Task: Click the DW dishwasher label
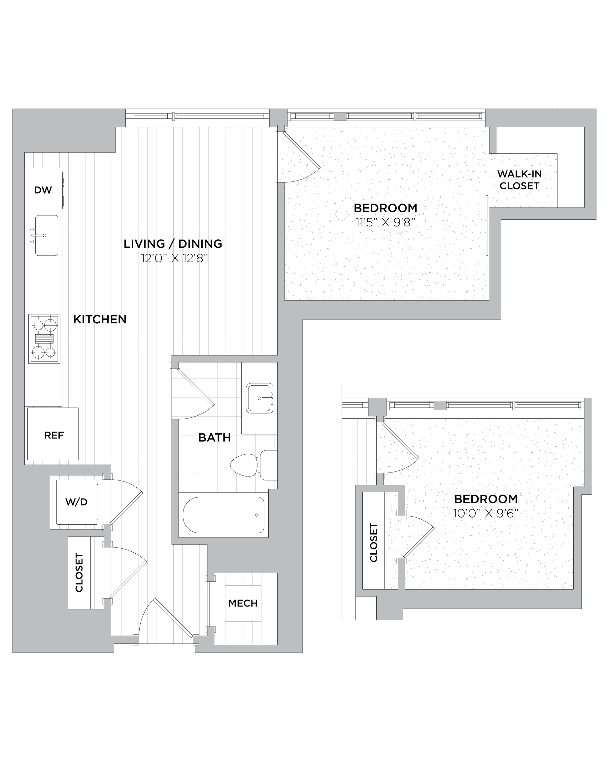coord(43,190)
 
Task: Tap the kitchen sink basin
coord(47,236)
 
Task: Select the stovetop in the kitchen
coord(45,339)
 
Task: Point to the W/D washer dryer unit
coord(77,502)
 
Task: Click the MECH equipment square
coord(243,603)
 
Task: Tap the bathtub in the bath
coord(223,515)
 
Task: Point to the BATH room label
coord(214,437)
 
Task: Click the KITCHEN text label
coord(100,319)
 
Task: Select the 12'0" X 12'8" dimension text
coord(175,258)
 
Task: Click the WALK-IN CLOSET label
coord(520,180)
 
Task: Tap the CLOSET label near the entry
coord(79,572)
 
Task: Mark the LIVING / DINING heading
coord(173,244)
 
